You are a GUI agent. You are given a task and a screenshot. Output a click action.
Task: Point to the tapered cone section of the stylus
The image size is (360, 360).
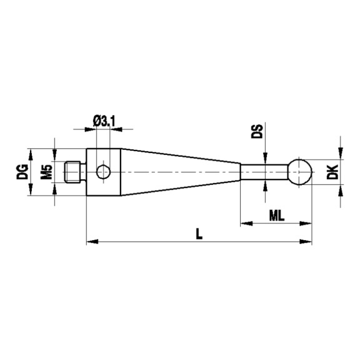(181, 171)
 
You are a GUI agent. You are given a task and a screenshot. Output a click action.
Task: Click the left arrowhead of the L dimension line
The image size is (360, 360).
(89, 241)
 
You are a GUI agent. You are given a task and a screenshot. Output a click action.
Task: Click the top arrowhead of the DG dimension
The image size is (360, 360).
(29, 152)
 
